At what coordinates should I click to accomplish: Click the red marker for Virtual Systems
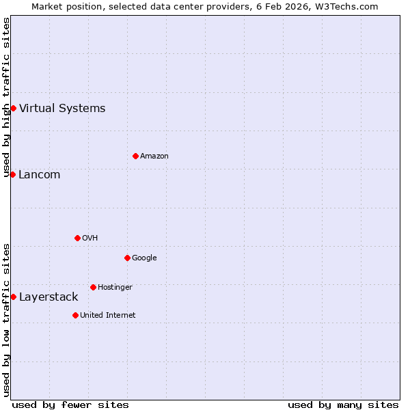(x=13, y=108)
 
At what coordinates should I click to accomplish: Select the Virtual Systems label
(x=62, y=108)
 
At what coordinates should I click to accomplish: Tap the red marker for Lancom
(x=12, y=174)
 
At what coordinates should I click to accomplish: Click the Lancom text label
(x=40, y=175)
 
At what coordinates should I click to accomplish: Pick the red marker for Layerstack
(x=13, y=297)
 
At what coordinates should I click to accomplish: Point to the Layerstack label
(x=49, y=297)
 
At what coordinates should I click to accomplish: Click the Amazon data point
(x=135, y=156)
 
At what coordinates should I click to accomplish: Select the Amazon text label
(x=154, y=156)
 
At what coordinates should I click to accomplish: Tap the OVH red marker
(x=77, y=238)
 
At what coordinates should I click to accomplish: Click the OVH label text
(x=90, y=238)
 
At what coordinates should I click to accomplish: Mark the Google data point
(x=127, y=258)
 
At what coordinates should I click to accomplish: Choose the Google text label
(x=144, y=258)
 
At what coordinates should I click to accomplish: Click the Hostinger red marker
(x=93, y=287)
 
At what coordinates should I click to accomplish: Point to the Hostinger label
(x=115, y=288)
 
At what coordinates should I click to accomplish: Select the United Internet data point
(x=75, y=315)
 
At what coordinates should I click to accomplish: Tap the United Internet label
(x=108, y=316)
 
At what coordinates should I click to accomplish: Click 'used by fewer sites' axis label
(x=70, y=405)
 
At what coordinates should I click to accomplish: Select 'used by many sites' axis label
(x=343, y=405)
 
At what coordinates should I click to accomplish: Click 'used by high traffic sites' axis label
(x=6, y=97)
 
